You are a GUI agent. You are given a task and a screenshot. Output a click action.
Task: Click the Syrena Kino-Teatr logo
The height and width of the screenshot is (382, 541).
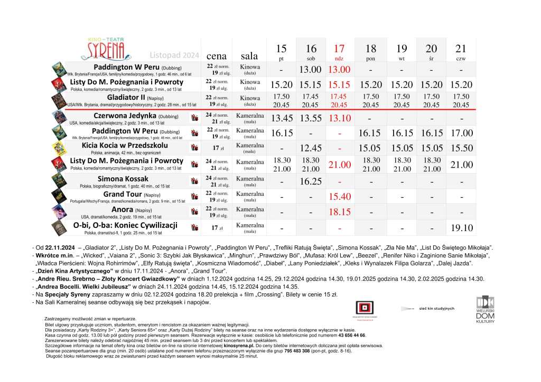(102, 49)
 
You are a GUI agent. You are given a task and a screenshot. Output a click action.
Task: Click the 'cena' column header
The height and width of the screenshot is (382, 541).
(217, 55)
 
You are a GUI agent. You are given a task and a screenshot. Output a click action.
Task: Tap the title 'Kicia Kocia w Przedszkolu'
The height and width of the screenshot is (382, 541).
(125, 145)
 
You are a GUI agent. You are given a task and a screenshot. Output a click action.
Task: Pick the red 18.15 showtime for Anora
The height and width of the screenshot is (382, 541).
(339, 212)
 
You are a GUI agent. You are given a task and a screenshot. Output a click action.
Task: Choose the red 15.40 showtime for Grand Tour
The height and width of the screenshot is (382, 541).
(339, 197)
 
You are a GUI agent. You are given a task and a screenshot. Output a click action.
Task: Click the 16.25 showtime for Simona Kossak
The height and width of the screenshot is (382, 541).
(311, 182)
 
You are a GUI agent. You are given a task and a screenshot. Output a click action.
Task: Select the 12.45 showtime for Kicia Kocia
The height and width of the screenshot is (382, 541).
(311, 149)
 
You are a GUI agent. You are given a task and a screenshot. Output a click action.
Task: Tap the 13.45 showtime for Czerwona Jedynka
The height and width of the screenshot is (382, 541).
(281, 118)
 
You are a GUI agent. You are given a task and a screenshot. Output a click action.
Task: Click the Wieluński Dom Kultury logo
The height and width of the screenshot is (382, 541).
(485, 309)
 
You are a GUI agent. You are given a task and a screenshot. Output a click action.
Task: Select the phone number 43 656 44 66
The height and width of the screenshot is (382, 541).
(351, 335)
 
